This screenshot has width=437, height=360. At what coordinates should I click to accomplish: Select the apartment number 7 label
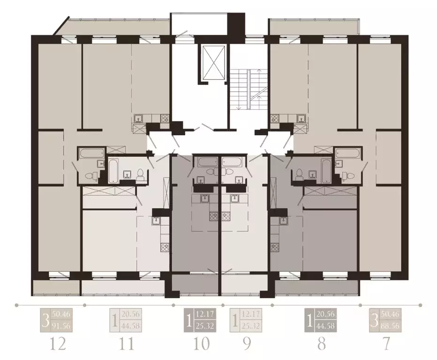tap(385, 344)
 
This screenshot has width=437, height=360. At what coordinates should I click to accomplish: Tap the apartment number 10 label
tap(201, 344)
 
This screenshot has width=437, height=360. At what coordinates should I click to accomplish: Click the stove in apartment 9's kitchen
tap(226, 216)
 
